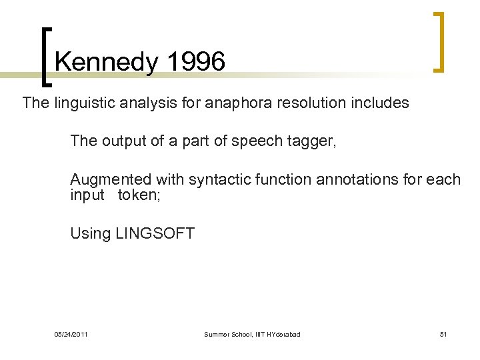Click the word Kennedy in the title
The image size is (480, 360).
click(107, 63)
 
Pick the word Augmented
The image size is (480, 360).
click(111, 179)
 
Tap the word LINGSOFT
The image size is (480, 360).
click(155, 233)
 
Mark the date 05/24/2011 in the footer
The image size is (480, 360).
click(71, 334)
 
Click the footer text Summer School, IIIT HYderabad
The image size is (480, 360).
click(252, 334)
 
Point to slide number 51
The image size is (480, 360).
click(443, 334)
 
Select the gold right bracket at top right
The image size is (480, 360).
click(439, 41)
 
